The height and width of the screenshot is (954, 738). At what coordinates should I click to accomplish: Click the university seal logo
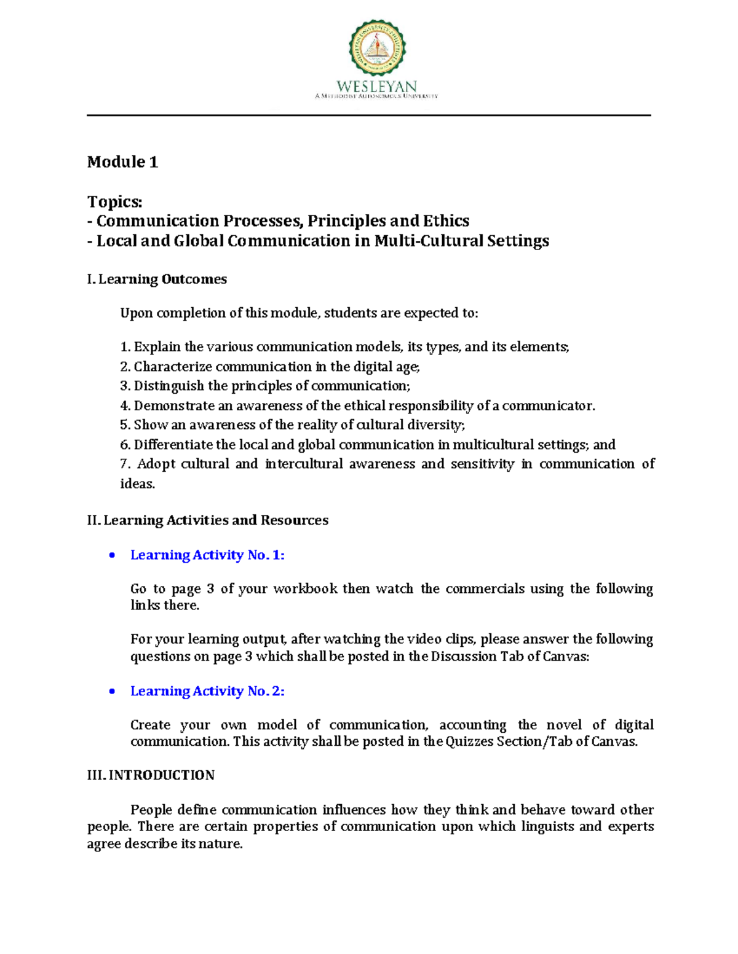[x=377, y=47]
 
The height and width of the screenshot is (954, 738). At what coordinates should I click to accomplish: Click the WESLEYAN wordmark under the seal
[x=376, y=87]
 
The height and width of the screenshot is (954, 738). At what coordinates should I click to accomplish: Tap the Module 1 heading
[x=122, y=162]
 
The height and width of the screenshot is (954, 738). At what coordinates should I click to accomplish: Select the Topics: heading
[x=114, y=202]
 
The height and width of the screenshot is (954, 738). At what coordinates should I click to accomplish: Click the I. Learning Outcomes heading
[x=157, y=280]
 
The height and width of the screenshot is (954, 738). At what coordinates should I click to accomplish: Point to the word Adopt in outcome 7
[x=156, y=464]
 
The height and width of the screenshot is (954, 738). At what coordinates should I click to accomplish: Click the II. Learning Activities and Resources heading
[x=208, y=520]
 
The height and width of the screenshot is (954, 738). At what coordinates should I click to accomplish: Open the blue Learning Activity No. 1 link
[x=207, y=555]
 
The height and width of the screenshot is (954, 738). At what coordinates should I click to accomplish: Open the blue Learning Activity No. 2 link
[x=207, y=692]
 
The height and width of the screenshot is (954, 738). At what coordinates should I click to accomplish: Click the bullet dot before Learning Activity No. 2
[x=112, y=692]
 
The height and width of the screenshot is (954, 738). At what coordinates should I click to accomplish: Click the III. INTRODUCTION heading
[x=151, y=775]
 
